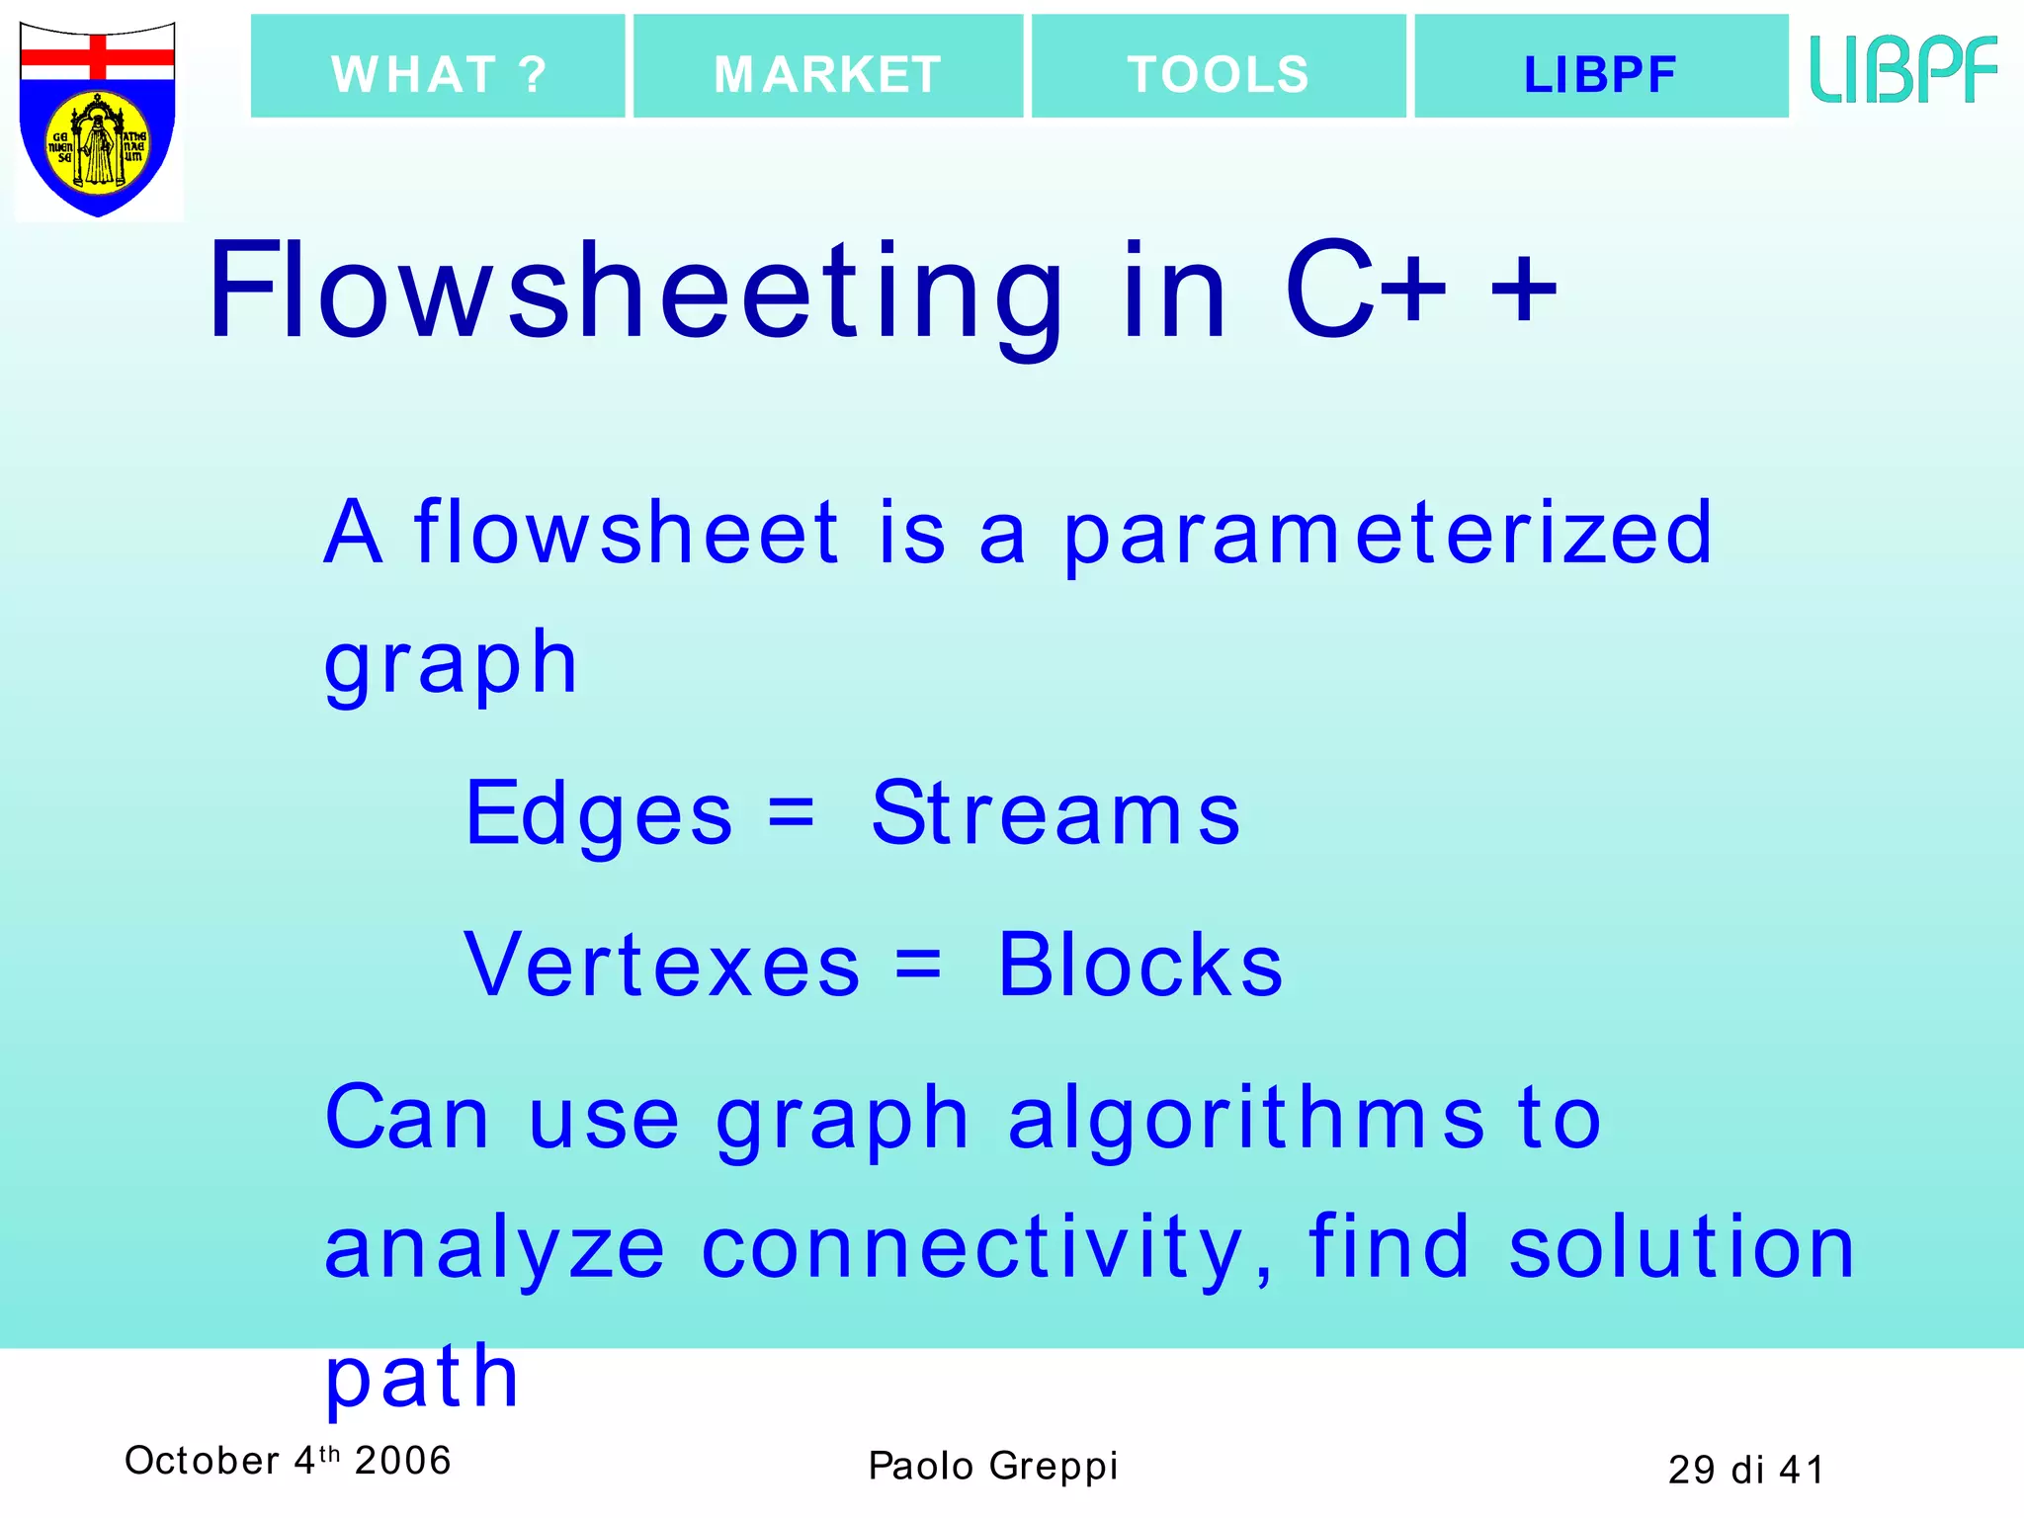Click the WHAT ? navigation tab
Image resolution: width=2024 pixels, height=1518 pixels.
[x=438, y=67]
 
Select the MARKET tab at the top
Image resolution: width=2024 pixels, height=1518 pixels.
[x=828, y=67]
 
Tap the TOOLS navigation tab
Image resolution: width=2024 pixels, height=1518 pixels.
[x=1219, y=67]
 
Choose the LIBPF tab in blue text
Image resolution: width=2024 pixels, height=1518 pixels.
[x=1601, y=67]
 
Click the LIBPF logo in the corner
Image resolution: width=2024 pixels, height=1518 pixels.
[x=1903, y=69]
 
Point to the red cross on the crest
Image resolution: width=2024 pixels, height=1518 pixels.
[x=98, y=55]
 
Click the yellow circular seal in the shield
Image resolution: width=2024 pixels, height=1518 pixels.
[x=98, y=143]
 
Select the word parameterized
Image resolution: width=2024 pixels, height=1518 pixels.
[x=1388, y=535]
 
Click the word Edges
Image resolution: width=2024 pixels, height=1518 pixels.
[x=599, y=814]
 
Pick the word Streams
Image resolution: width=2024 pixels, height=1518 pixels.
[x=1055, y=814]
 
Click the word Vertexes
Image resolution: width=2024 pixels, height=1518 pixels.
[x=662, y=966]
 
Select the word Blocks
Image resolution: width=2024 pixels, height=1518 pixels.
[x=1140, y=966]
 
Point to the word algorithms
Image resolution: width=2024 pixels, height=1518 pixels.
[x=1245, y=1119]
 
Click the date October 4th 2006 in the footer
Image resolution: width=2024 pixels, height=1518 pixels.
[x=288, y=1461]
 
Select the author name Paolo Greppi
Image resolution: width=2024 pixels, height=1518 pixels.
[x=993, y=1467]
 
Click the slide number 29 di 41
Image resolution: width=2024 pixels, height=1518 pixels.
[x=1745, y=1471]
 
